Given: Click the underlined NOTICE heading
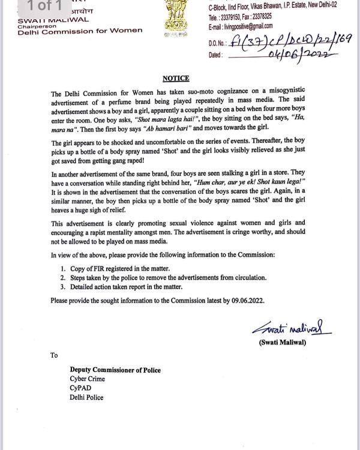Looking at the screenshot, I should (x=175, y=79).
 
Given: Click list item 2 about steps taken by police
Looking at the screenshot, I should (x=163, y=278).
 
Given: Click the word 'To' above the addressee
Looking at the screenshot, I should (x=54, y=355).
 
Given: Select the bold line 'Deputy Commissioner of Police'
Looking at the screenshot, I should (x=115, y=370).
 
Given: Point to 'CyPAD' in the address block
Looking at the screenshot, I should (x=79, y=388).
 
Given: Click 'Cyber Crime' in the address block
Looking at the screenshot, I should (x=88, y=379).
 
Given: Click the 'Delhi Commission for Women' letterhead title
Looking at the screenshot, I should (x=80, y=31).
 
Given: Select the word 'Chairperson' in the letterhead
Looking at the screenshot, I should (x=36, y=26).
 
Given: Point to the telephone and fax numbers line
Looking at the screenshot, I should (x=240, y=17).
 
